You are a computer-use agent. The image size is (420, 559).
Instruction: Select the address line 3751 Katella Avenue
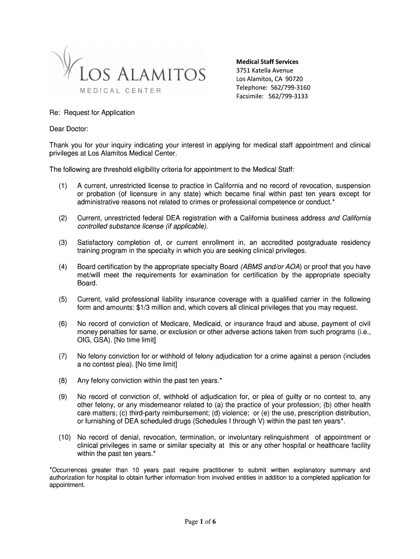pos(265,70)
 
